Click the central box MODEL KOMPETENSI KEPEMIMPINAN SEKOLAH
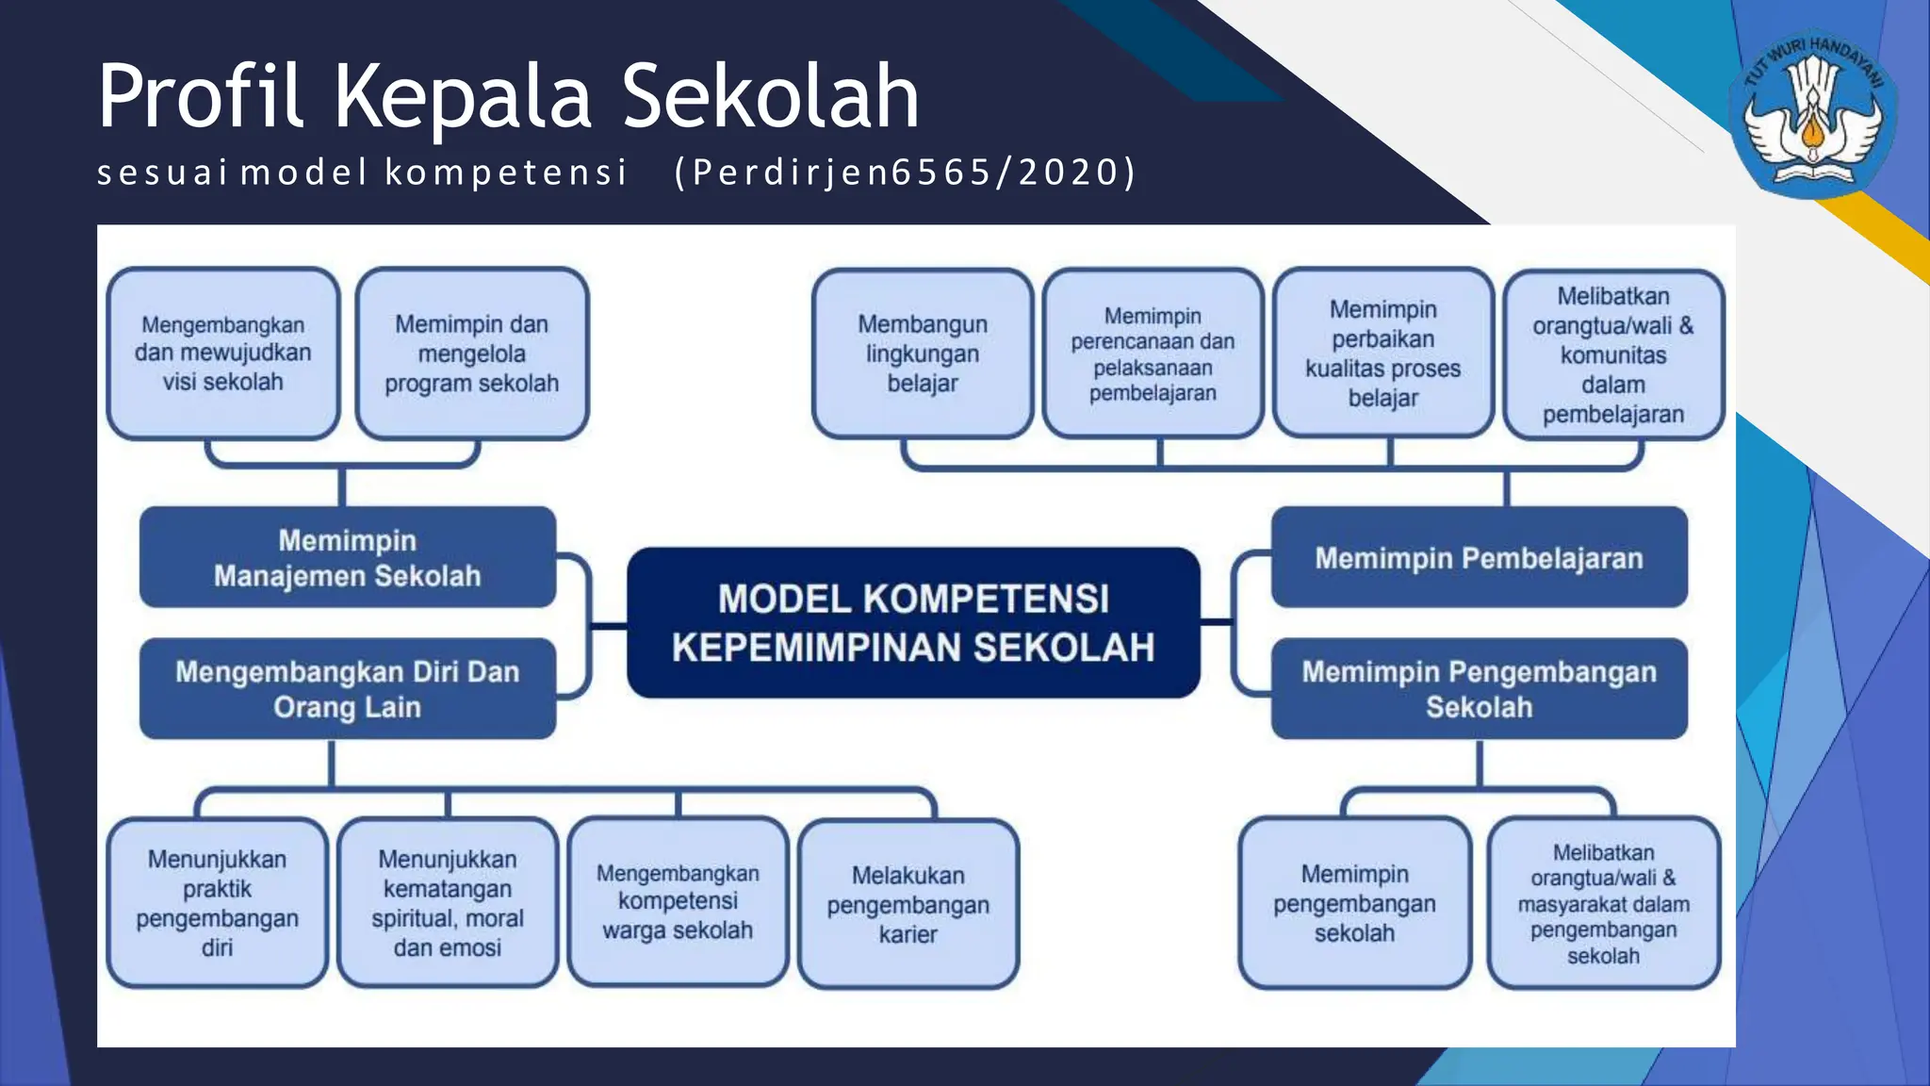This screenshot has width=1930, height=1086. coord(913,622)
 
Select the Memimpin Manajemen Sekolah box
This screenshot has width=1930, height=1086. coord(347,557)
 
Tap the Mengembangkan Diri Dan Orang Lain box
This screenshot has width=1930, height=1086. coord(347,689)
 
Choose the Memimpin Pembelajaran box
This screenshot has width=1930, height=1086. coord(1479,557)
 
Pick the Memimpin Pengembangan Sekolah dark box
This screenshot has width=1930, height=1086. coord(1479,689)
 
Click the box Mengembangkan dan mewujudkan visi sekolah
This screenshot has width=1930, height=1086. coord(222,354)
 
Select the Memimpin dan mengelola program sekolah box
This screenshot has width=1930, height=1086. coord(471,354)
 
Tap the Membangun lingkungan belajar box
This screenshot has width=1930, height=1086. coord(922,354)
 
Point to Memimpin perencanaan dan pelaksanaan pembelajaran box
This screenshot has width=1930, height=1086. coord(1153,354)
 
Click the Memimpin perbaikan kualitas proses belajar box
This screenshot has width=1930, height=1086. coord(1382,354)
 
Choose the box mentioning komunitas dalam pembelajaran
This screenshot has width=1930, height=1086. coord(1612,354)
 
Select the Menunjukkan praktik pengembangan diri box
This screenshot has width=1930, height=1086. coord(217,903)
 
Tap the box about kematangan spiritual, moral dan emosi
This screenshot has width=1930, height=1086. coord(447,903)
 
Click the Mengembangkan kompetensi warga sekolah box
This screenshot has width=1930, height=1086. coord(678,903)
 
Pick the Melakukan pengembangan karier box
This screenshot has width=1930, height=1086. coord(908,904)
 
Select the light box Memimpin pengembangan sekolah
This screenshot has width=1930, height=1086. coord(1354,903)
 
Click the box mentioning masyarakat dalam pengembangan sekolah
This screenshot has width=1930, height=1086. coord(1603,903)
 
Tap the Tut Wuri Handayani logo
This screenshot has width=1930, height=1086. coord(1811,113)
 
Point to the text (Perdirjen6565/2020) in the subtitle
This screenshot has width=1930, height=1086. coord(905,173)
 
